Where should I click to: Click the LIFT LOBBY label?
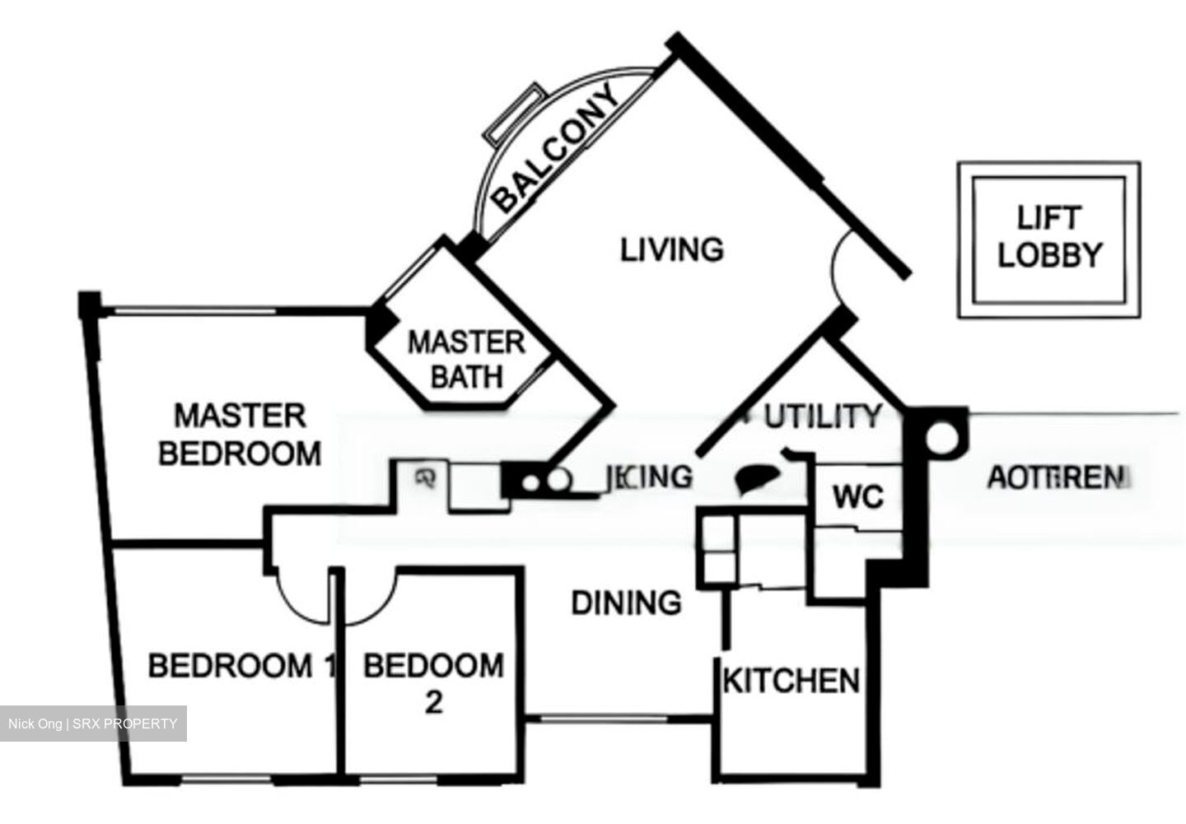tap(1048, 238)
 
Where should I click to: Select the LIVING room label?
tap(671, 249)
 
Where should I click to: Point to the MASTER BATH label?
tap(466, 360)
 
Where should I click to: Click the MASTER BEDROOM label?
tap(240, 435)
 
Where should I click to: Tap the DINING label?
tap(626, 603)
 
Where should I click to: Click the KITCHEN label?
tap(791, 681)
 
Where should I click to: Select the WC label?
tap(857, 497)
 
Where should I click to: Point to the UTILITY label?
tap(823, 417)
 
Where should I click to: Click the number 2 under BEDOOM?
tap(433, 702)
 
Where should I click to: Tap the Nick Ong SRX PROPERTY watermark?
tap(93, 724)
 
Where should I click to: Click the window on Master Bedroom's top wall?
tap(194, 311)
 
